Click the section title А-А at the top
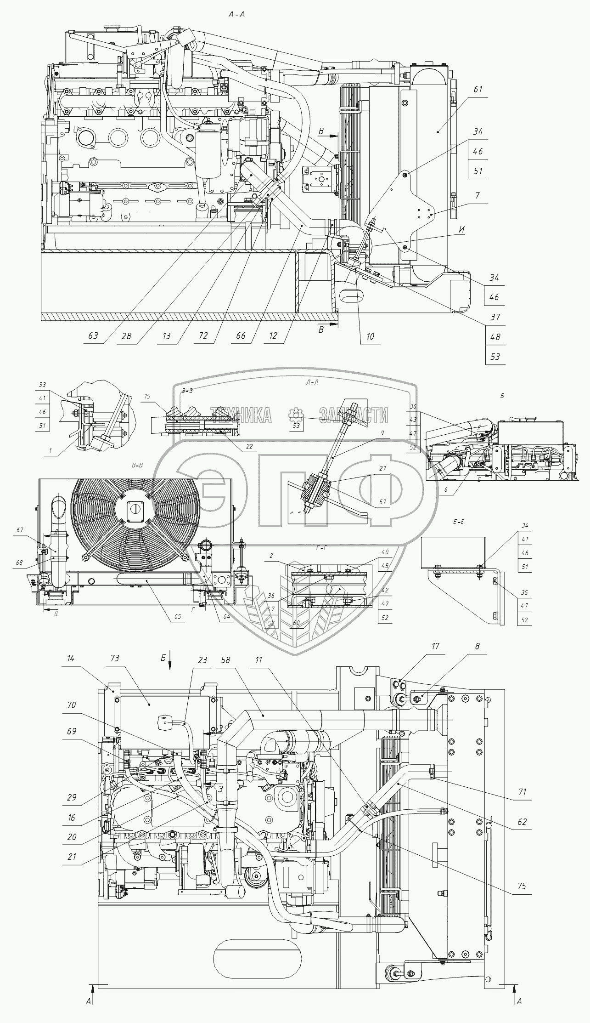(x=237, y=14)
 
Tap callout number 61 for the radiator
(x=478, y=90)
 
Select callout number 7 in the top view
(x=478, y=196)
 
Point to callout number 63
(x=93, y=336)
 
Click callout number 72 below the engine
(x=203, y=336)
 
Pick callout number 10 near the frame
(x=370, y=336)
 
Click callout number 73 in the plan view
(x=115, y=659)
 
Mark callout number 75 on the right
(x=522, y=886)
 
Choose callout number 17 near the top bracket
(x=435, y=647)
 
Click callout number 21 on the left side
(x=72, y=857)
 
